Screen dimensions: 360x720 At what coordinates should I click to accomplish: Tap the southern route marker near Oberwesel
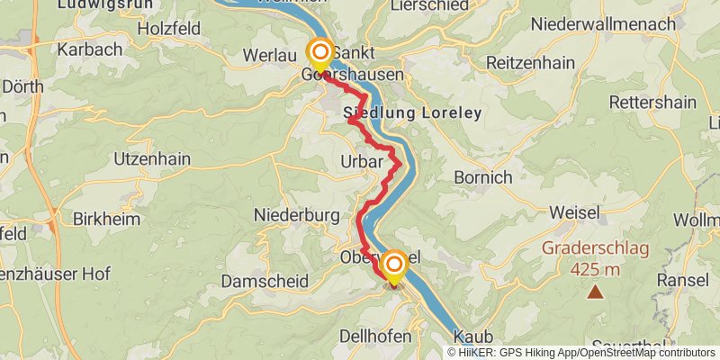tap(393, 265)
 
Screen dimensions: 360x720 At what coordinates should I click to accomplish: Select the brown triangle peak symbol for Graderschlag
tap(595, 292)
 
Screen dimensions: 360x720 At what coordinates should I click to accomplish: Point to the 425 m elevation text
tap(595, 268)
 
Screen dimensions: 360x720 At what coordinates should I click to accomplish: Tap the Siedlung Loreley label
tap(413, 114)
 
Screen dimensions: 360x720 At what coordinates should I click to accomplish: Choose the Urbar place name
tap(363, 163)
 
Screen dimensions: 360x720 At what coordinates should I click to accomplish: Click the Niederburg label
tap(296, 215)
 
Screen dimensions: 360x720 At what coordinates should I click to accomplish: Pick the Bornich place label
tap(482, 177)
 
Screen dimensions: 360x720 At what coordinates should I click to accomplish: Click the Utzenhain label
tap(152, 158)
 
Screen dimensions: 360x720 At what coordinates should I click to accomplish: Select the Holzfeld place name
tap(168, 28)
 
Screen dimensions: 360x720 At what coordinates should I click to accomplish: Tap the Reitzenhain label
tap(529, 63)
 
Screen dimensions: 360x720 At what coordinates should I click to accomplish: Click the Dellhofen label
tap(375, 336)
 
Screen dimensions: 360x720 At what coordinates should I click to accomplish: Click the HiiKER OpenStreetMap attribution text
tap(581, 353)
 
